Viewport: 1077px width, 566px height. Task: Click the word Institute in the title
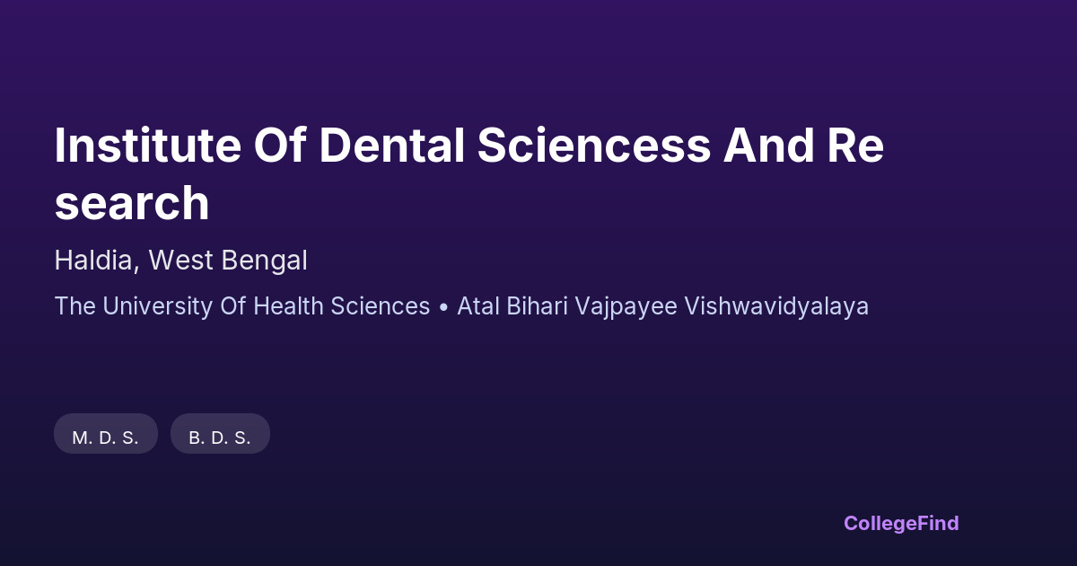click(x=147, y=146)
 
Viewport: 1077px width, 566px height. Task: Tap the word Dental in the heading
click(x=392, y=146)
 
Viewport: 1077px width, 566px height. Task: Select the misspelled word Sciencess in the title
click(x=594, y=146)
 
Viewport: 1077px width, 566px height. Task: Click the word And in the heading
click(x=768, y=146)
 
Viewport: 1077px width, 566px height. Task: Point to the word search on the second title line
click(x=132, y=203)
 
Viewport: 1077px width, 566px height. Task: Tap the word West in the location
click(x=180, y=261)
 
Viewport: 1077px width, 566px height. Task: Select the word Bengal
click(x=264, y=261)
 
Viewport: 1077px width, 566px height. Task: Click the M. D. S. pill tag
click(x=106, y=434)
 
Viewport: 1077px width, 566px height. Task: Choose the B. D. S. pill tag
click(x=220, y=434)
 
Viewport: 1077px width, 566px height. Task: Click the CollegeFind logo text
click(x=901, y=523)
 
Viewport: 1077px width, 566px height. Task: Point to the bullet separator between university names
click(x=443, y=307)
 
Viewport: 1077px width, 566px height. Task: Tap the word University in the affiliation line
click(x=157, y=306)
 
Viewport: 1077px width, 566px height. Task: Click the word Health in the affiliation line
click(x=288, y=306)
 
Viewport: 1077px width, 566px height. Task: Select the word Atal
click(x=477, y=306)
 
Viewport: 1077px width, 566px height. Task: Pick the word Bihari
click(x=537, y=306)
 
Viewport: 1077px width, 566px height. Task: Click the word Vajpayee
click(x=626, y=307)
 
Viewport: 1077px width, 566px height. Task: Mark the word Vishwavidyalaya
click(x=776, y=307)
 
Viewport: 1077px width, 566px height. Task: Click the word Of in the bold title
click(x=280, y=146)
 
